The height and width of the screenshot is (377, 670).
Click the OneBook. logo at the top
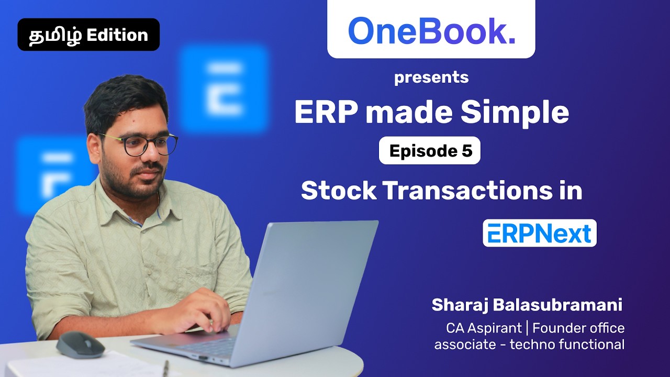click(431, 31)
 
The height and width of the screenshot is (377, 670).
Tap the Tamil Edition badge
click(88, 35)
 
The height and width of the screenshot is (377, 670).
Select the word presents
click(431, 77)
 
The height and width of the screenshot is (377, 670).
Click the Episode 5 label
click(430, 151)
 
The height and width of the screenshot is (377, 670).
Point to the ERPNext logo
click(539, 234)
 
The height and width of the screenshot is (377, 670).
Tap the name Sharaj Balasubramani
click(527, 305)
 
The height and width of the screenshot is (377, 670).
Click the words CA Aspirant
click(484, 328)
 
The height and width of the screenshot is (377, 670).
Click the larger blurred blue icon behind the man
click(224, 88)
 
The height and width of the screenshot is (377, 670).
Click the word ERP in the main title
click(321, 112)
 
